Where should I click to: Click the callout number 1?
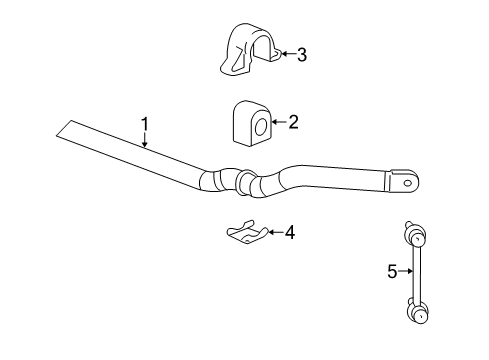[144, 124]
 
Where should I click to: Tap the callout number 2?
[293, 123]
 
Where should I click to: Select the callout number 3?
[302, 55]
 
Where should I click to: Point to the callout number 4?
[290, 233]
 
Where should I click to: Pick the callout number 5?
[392, 270]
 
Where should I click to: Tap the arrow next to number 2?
[279, 123]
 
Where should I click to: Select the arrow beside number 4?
[275, 233]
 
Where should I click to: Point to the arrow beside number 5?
[405, 270]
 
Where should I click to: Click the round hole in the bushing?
[260, 127]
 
